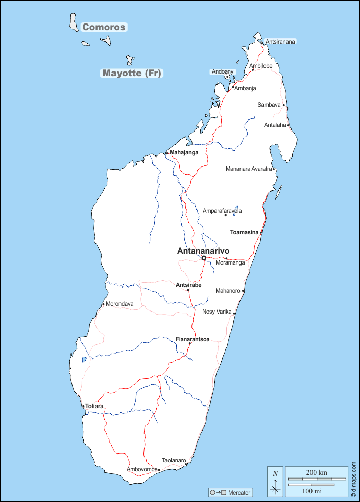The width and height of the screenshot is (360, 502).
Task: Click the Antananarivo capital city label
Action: coord(203,251)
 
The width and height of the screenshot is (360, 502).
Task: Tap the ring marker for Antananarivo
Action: coord(204,258)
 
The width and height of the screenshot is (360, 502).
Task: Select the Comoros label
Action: coord(104,27)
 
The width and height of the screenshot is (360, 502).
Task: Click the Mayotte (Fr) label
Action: coord(132,73)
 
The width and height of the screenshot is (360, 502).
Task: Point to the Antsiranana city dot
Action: coord(262,43)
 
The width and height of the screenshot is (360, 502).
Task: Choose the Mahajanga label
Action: coord(184,152)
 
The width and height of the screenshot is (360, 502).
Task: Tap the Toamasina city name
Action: coord(244,232)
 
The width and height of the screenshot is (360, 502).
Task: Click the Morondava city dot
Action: coord(103,304)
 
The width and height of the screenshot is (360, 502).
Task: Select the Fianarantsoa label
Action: coord(193,339)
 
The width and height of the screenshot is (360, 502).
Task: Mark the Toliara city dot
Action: coord(84,407)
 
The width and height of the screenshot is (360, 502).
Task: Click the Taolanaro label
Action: coord(174,460)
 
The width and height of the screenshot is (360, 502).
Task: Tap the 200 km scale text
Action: coord(317,472)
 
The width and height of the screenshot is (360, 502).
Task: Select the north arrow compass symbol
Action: coord(275,482)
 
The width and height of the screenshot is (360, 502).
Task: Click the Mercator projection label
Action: coord(239,493)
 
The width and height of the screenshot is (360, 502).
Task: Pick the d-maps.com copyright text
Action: coord(353,480)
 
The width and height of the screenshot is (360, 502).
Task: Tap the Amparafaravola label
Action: coord(222,211)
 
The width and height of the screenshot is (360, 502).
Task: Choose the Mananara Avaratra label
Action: coord(249,169)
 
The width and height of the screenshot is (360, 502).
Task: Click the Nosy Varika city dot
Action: coord(234,313)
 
